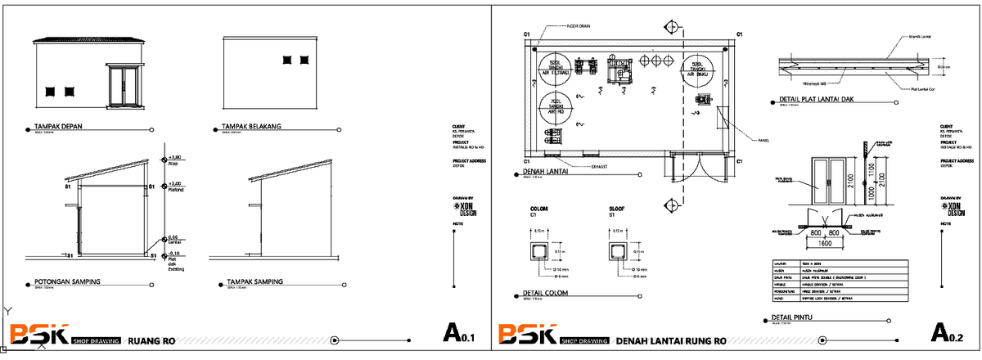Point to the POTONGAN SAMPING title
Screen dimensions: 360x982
point(67,281)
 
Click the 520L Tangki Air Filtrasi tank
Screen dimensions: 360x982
point(556,68)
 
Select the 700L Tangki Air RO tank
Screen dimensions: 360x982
point(556,106)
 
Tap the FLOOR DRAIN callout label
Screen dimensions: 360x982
point(578,26)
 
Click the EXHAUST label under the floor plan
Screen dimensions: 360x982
point(604,166)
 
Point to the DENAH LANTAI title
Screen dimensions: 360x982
point(546,173)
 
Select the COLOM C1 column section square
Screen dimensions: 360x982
point(540,251)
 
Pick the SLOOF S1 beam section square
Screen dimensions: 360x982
point(619,251)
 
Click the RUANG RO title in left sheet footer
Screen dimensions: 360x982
point(149,340)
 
